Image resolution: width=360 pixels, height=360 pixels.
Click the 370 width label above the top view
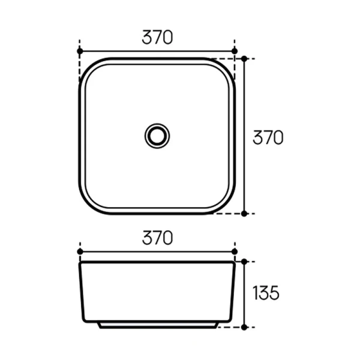tap(157, 37)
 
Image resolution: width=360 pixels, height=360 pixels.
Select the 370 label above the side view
tap(157, 238)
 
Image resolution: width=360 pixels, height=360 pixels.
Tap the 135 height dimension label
tap(266, 293)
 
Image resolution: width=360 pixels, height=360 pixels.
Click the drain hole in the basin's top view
tap(157, 135)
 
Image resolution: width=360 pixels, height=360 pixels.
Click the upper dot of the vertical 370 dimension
tap(244, 58)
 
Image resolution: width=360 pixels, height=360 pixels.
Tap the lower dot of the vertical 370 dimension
tap(244, 213)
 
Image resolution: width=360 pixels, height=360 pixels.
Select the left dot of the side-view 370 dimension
tap(80, 251)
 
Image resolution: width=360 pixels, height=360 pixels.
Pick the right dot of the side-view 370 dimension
tap(235, 251)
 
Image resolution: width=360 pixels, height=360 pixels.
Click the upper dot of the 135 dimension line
tap(244, 262)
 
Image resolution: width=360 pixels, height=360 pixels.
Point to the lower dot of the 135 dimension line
tap(244, 328)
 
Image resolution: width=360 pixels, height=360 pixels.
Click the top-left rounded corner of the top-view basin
tap(88, 66)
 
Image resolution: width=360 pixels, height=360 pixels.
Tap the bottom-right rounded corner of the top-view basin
tap(227, 205)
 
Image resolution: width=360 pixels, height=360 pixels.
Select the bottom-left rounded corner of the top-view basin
tap(88, 205)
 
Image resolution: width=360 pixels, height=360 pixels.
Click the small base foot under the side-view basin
tap(157, 324)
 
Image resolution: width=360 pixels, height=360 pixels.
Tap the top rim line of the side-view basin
tap(157, 262)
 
